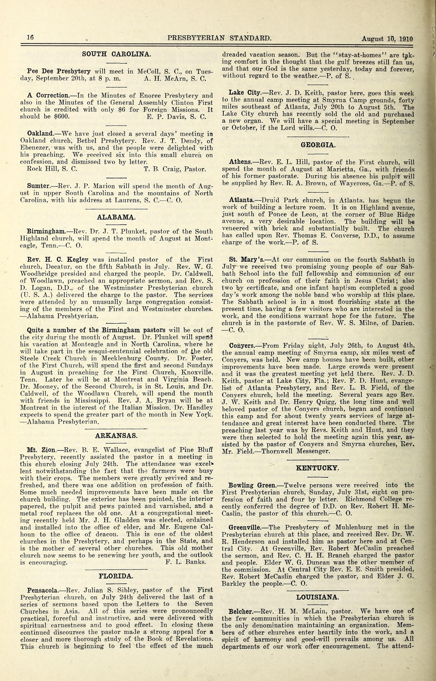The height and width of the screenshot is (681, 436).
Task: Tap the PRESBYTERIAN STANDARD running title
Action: [x=219, y=38]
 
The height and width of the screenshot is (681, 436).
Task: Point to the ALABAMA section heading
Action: [x=116, y=217]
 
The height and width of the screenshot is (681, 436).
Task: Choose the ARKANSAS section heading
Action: [x=116, y=436]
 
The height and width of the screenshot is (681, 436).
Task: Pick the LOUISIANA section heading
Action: [x=317, y=597]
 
